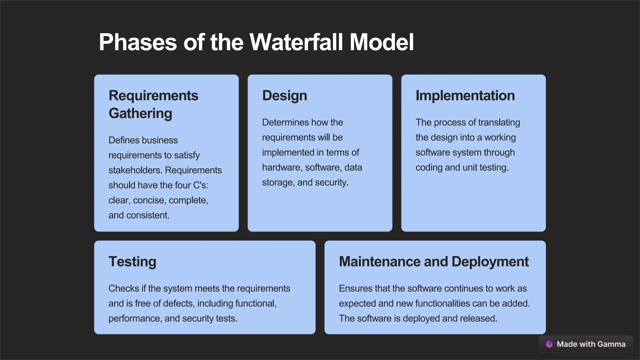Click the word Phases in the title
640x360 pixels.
(138, 42)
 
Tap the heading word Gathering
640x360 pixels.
(140, 113)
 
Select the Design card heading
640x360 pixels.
(284, 96)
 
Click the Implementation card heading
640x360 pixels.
(465, 96)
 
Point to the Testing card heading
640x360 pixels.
(132, 262)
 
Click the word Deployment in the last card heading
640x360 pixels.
(490, 262)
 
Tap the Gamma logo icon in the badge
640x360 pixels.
(549, 344)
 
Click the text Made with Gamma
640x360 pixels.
(591, 344)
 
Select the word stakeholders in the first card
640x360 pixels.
(135, 170)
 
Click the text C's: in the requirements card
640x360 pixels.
(201, 185)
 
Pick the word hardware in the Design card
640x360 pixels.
(282, 167)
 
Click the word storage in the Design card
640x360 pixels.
(278, 182)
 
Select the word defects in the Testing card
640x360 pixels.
(178, 303)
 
